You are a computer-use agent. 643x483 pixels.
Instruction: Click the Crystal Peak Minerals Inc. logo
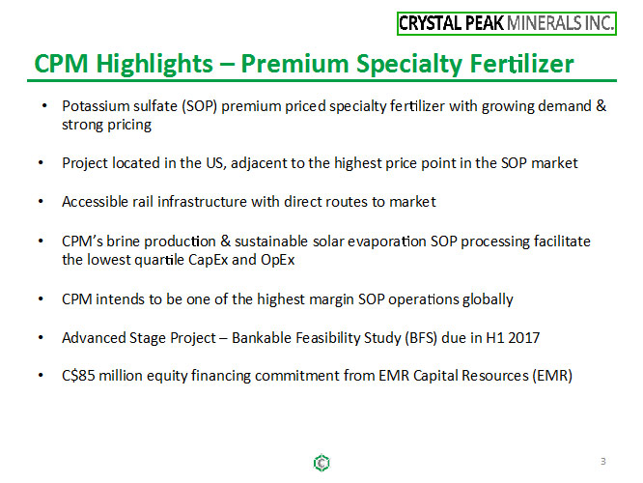(507, 23)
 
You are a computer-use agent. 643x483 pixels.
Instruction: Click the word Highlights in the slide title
(154, 64)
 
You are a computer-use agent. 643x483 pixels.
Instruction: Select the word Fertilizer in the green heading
(521, 64)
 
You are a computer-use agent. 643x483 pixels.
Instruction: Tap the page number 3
(603, 461)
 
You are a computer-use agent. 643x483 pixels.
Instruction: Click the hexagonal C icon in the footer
(321, 463)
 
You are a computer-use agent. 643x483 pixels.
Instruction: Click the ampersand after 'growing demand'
(601, 106)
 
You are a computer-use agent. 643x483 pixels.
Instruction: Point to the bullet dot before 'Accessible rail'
(41, 202)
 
